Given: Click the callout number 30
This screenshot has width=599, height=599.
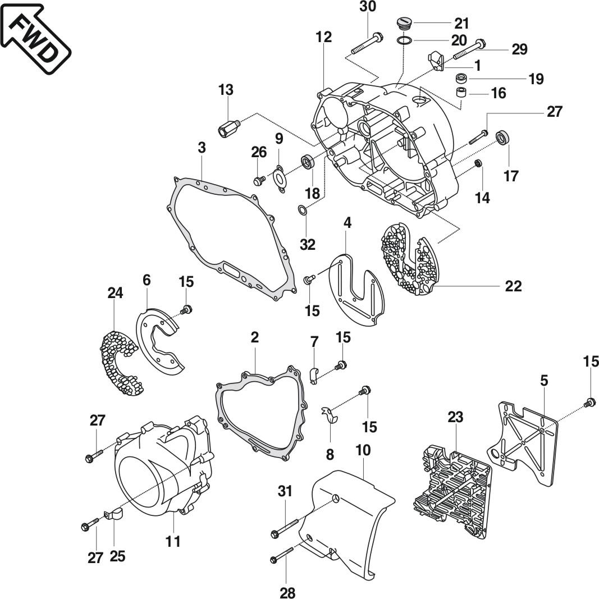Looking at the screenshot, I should pos(368,7).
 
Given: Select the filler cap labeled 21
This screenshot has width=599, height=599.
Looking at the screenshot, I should pos(404,24).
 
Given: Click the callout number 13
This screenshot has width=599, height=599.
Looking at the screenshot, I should pos(226,90).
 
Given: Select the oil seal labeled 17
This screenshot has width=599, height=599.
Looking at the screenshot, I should pos(502,136).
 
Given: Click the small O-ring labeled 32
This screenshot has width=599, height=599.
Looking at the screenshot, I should pos(303,210).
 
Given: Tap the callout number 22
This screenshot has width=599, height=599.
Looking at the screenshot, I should pos(513,286).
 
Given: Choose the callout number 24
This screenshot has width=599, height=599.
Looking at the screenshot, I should pos(116,292).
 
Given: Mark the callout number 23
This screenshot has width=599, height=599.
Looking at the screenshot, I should pos(455,417).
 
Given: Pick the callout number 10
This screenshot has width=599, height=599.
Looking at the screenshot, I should pos(364,451).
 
